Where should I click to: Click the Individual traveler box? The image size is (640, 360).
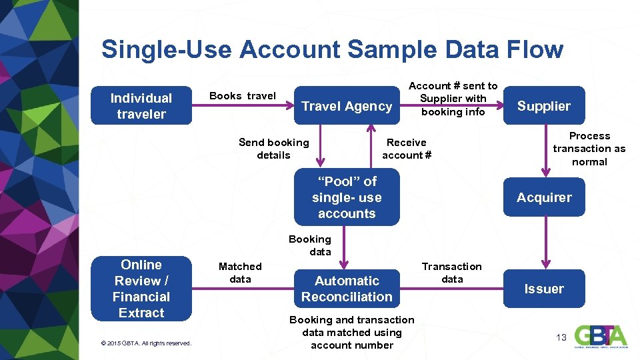coord(141,106)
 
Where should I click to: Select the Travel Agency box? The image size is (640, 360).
coord(347,106)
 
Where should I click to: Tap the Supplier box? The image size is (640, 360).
coord(544,106)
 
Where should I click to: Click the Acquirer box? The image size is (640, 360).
coord(544,197)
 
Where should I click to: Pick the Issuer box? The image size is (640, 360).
coord(544,289)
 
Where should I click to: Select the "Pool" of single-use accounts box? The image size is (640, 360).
coord(347,197)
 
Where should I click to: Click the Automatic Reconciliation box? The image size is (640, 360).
coord(347,289)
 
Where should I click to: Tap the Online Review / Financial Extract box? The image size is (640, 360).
coord(141,289)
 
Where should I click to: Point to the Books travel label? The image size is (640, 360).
coord(243,96)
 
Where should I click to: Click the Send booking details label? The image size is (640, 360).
coord(274,149)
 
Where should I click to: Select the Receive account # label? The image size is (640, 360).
coord(407,149)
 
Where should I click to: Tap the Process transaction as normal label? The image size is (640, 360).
coord(589,149)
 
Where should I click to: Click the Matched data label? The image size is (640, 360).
coord(240,273)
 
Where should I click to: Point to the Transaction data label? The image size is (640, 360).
coord(452,273)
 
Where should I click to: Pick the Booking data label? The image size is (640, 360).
coord(310,245)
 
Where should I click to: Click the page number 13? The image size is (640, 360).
coord(561,337)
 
